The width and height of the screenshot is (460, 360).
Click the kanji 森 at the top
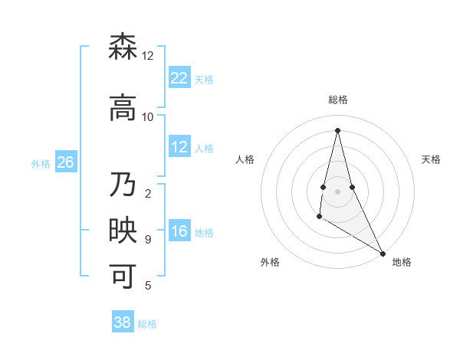pos(123,47)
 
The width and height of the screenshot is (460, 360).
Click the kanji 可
pos(123,276)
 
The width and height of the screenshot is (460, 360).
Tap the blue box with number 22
pos(179,78)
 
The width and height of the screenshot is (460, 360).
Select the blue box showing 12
pos(179,147)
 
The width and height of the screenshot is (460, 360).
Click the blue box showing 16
pos(179,232)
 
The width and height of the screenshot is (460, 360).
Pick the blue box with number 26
pos(65,162)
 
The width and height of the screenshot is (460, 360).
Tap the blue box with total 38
pos(123,322)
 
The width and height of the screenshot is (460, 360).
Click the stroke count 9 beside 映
pos(148,240)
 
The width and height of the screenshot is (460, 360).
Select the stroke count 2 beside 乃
pos(148,193)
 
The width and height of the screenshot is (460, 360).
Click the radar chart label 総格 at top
pos(338,100)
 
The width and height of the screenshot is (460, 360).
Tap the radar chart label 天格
pos(432,159)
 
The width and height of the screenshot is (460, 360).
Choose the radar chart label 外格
pos(270,262)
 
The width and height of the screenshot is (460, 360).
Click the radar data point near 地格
pos(383,253)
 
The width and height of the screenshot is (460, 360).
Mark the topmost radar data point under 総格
pos(338,130)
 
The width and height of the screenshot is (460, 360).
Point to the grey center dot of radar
pos(338,191)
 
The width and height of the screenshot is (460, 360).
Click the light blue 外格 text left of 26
pos(41,163)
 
